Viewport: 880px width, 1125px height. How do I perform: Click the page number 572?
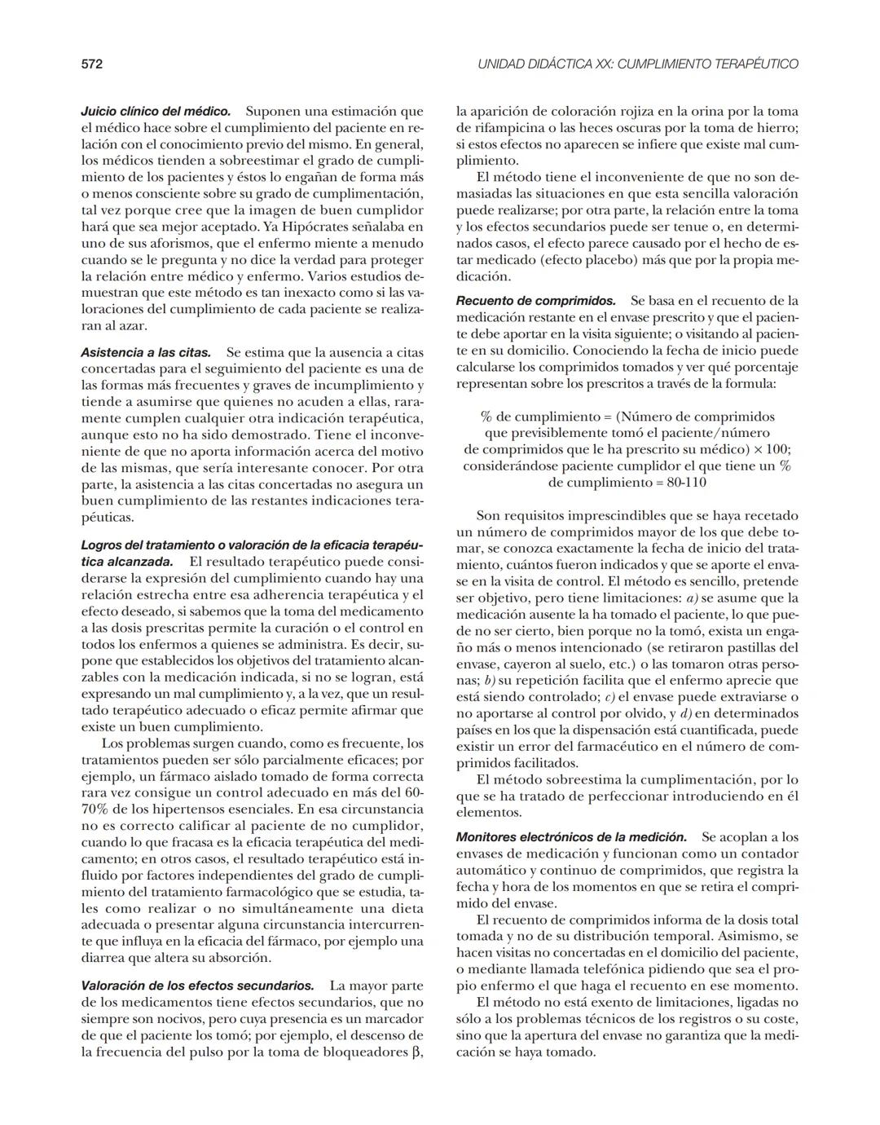(x=91, y=64)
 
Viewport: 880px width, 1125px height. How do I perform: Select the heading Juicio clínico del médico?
(x=156, y=111)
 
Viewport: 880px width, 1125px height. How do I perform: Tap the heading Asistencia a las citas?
(x=146, y=353)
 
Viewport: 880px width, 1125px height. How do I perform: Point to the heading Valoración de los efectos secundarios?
(x=197, y=986)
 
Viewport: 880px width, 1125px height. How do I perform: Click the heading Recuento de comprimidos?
(x=535, y=301)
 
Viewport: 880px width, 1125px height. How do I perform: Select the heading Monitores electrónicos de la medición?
(x=571, y=837)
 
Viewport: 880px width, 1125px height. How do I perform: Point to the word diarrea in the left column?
(x=104, y=957)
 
